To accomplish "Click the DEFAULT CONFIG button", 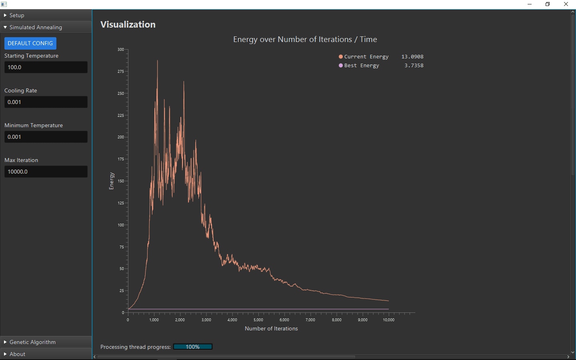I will [30, 43].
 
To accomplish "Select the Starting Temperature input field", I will [46, 67].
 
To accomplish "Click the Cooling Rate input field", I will [46, 102].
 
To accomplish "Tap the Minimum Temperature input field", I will [46, 137].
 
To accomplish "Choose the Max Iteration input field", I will [46, 172].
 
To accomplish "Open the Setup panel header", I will [46, 15].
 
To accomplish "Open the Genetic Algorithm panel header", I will [46, 342].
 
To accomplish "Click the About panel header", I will [46, 354].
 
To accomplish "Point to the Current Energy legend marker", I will [341, 57].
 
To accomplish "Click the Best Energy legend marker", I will [341, 66].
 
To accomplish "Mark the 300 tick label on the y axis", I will [121, 50].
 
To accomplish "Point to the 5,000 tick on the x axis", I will [258, 320].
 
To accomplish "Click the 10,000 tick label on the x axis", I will [388, 320].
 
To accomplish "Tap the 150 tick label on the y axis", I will [121, 181].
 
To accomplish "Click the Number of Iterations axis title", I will [271, 328].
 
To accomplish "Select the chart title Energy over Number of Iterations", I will [305, 39].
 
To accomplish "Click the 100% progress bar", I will [193, 347].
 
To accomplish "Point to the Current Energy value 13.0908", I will [412, 57].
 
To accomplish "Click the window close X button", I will [566, 4].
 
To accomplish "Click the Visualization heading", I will [128, 24].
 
